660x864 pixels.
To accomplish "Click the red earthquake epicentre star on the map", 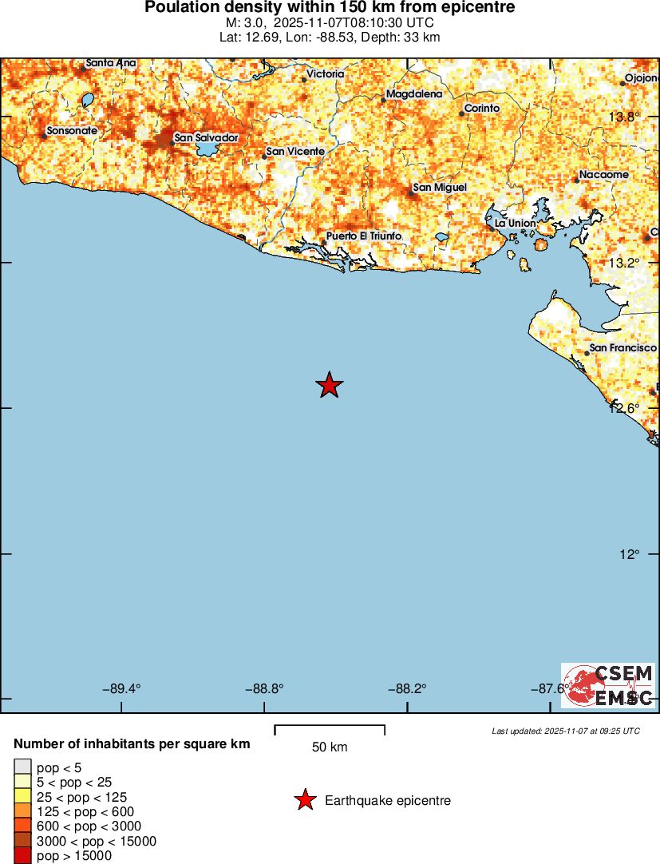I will click(329, 385).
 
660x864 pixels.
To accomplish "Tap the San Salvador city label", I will click(206, 137).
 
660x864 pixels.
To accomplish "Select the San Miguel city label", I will click(439, 188).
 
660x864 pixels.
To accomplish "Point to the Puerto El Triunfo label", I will click(363, 236).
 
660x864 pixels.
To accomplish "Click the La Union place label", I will click(515, 223).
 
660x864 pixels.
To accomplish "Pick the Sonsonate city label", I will click(72, 130).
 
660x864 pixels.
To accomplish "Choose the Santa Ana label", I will click(110, 63).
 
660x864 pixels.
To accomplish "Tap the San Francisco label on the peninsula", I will click(622, 348).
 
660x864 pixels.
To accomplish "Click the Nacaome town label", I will click(603, 175).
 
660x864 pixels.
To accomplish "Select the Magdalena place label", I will click(413, 94).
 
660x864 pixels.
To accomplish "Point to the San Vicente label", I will click(295, 152).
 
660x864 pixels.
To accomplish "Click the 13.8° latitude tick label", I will click(623, 117).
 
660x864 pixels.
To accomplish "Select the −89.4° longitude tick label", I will click(122, 688).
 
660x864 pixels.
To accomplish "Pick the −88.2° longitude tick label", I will click(406, 688).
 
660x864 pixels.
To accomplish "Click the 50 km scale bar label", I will click(329, 747).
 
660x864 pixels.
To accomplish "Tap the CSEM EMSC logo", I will click(607, 685).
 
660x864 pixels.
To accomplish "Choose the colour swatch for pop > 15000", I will click(23, 855).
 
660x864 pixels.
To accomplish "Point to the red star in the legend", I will click(305, 800).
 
